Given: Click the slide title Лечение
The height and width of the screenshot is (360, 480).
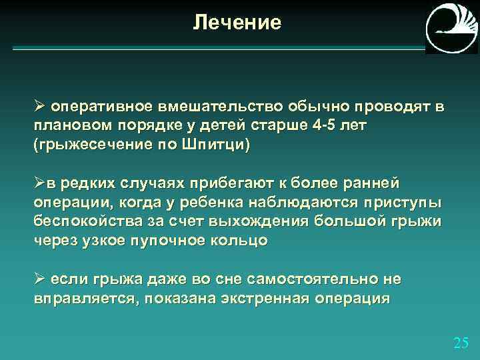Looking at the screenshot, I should coord(237,23).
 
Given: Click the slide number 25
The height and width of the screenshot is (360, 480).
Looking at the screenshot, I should coord(461,343).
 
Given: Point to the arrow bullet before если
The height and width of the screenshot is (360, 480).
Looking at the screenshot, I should coord(39,278).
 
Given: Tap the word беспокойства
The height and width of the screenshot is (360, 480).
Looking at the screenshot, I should coord(84,221).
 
